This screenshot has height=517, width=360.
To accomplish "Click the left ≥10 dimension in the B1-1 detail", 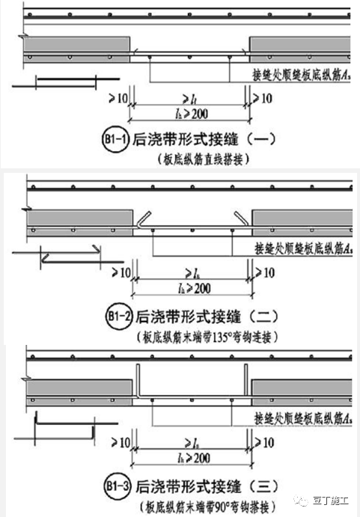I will point(118,97).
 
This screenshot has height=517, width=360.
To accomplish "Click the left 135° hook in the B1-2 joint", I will point(143,219).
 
